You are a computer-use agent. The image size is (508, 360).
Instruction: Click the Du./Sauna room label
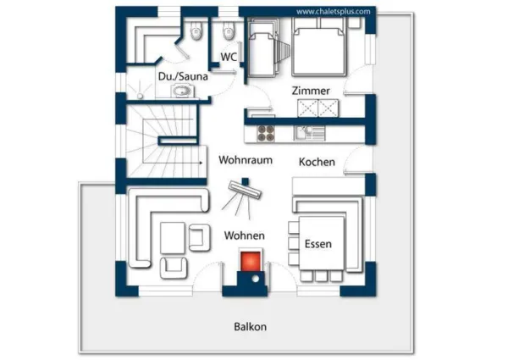(183, 76)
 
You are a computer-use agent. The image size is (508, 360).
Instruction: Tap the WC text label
(228, 57)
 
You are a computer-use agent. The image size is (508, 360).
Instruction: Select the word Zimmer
(310, 91)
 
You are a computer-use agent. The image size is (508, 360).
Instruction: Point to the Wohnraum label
(245, 159)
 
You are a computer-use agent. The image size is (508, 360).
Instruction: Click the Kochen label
(317, 162)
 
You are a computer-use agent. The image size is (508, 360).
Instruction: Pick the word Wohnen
(245, 235)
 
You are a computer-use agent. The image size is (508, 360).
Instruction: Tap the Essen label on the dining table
(318, 244)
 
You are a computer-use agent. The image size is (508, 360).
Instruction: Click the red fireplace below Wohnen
(251, 261)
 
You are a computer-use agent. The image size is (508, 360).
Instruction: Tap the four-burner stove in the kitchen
(266, 132)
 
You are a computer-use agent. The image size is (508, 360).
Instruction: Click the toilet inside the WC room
(226, 34)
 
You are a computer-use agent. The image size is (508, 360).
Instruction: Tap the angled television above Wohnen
(242, 196)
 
